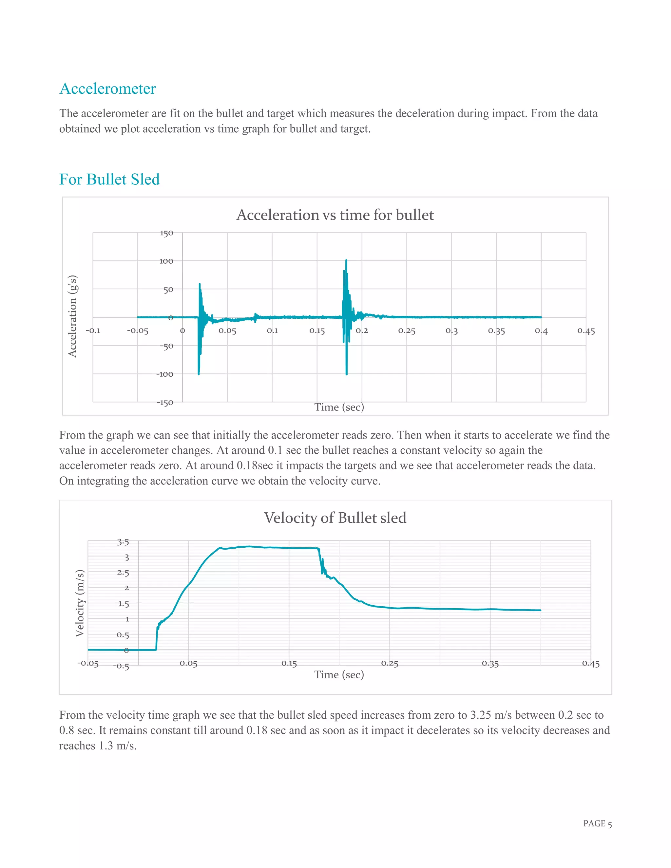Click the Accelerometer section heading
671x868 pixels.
pyautogui.click(x=108, y=89)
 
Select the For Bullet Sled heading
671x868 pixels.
pyautogui.click(x=109, y=179)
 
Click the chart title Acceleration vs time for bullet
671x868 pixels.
pyautogui.click(x=335, y=215)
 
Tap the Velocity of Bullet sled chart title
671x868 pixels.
pyautogui.click(x=335, y=518)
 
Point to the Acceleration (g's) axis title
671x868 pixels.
pyautogui.click(x=72, y=316)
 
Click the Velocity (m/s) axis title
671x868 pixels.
pyautogui.click(x=80, y=603)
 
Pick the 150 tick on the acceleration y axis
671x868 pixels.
pyautogui.click(x=166, y=233)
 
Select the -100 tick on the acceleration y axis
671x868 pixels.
pyautogui.click(x=164, y=374)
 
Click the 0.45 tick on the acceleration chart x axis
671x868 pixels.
pyautogui.click(x=586, y=331)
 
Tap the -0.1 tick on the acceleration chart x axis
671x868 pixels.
pyautogui.click(x=93, y=331)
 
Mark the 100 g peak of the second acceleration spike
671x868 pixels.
pyautogui.click(x=346, y=260)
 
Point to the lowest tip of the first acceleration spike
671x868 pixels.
pyautogui.click(x=199, y=374)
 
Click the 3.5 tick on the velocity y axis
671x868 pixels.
pyautogui.click(x=123, y=542)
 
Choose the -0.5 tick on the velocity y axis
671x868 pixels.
pyautogui.click(x=121, y=667)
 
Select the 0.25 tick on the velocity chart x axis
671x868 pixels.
pyautogui.click(x=390, y=663)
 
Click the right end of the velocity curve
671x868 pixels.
pyautogui.click(x=540, y=610)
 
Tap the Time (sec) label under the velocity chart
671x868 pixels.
pyautogui.click(x=339, y=675)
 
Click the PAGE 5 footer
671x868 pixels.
pyautogui.click(x=597, y=823)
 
